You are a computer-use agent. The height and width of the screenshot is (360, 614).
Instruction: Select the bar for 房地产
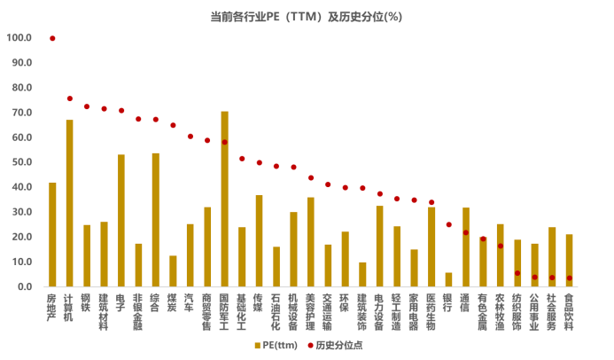(52, 235)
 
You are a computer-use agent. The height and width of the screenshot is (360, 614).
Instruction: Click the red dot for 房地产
(52, 38)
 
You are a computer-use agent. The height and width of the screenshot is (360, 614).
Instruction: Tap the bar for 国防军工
(224, 200)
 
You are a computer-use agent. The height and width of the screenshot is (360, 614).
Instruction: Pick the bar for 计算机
(69, 203)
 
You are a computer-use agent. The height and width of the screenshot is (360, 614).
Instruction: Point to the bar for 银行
(448, 279)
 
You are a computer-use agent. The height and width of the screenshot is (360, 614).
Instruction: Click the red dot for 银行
(448, 224)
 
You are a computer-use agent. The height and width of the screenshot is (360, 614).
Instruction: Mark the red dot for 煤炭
(173, 125)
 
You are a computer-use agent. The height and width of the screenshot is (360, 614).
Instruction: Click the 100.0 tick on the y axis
(19, 38)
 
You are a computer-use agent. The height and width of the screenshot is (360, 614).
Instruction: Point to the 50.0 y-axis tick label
(20, 162)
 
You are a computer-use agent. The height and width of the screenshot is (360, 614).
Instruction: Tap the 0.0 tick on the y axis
(24, 286)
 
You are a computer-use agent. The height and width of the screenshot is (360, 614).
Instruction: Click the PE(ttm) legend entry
(275, 345)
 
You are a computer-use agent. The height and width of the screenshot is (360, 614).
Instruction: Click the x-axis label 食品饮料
(569, 311)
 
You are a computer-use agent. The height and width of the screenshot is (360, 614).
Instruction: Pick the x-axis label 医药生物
(431, 311)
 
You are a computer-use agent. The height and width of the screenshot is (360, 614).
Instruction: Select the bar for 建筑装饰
(362, 275)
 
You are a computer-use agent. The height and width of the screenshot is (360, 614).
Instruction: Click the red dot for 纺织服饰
(517, 273)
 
